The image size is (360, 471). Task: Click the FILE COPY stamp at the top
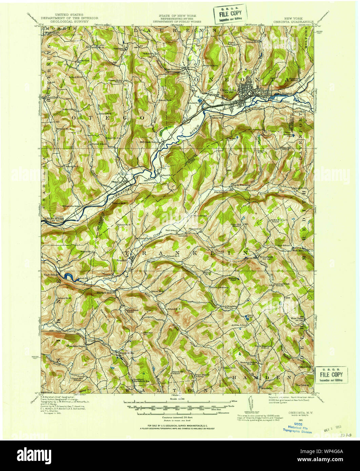click(x=230, y=14)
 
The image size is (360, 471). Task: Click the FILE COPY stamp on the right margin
click(x=332, y=375)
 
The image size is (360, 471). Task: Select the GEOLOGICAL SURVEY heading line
click(x=69, y=21)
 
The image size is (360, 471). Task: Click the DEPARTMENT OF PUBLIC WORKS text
click(x=177, y=21)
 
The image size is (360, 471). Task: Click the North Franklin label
click(x=241, y=185)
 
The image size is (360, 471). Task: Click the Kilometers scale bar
click(x=180, y=413)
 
